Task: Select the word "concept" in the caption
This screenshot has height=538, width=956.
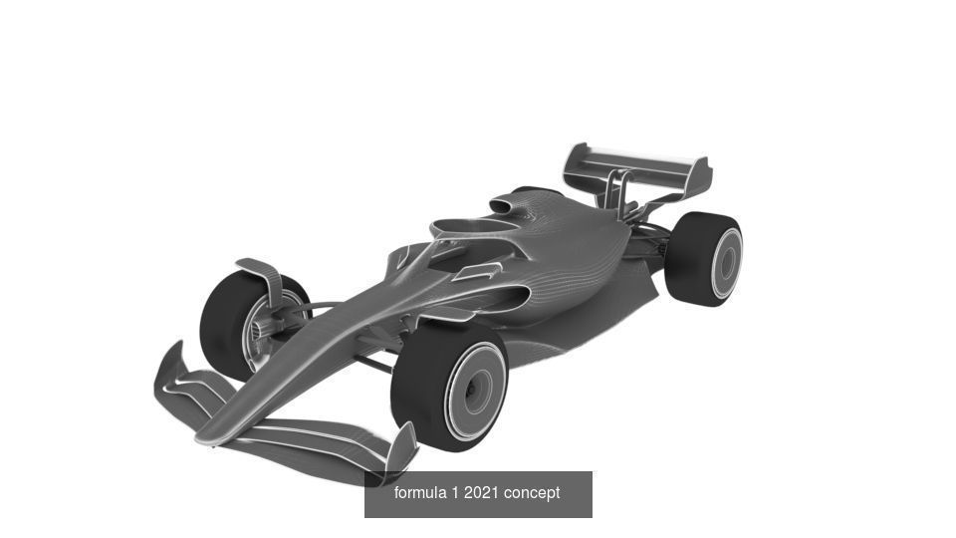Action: click(532, 493)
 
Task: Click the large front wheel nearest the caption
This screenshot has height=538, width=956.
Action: click(448, 384)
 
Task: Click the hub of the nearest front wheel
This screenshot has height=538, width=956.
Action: click(475, 391)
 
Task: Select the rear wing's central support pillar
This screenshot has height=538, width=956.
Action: click(617, 192)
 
